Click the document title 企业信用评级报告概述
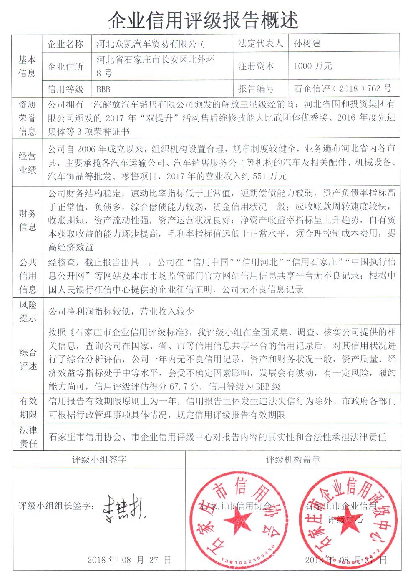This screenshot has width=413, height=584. pos(203,20)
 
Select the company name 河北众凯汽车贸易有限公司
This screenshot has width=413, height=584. pos(151,44)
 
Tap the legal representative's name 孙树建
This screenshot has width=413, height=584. pos(307,43)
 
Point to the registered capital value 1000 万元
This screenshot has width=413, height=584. pos(313,66)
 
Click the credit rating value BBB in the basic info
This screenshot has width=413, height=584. pos(103,89)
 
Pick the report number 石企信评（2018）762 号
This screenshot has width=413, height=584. pos(342,88)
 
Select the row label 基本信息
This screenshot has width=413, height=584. pos(27,66)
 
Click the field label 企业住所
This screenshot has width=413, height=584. pos(65,66)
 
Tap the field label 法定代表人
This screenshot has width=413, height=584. pos(260,43)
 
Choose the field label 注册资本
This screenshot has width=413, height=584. pos(256,66)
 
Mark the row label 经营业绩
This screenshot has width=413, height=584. pos(28,163)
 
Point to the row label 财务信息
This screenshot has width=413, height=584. pos(28,220)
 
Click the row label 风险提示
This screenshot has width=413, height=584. pos(28,311)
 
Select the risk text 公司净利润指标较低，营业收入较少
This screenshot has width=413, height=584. pos(121,311)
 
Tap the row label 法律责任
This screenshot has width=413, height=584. pos(28,437)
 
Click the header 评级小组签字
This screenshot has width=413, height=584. pos(99,460)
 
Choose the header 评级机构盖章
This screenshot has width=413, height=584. pos(293,460)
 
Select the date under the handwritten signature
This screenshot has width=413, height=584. pos(129,560)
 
